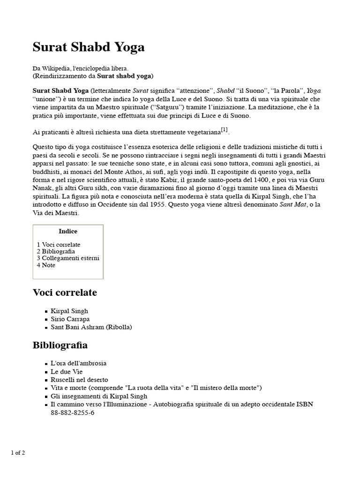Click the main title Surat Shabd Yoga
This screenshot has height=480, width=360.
click(x=89, y=47)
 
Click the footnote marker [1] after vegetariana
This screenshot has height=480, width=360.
click(x=224, y=129)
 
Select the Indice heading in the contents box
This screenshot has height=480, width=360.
click(x=68, y=231)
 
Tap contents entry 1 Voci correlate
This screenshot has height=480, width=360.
click(x=59, y=245)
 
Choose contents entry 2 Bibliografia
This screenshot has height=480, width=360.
click(x=56, y=251)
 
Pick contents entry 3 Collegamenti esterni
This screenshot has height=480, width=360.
click(x=68, y=258)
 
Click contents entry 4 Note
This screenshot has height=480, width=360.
click(x=46, y=265)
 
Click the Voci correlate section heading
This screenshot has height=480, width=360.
click(x=65, y=292)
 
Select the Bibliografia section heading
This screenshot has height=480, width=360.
click(x=60, y=345)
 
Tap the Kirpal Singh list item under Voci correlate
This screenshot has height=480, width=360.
click(x=69, y=311)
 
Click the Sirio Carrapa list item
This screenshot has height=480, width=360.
click(x=70, y=319)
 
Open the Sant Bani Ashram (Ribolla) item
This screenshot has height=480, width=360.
click(x=91, y=327)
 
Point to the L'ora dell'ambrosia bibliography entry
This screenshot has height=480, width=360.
click(x=78, y=363)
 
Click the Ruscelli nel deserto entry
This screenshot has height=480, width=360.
click(x=79, y=379)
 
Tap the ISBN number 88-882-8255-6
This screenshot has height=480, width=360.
click(x=73, y=413)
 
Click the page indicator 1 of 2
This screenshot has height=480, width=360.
click(x=18, y=452)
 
